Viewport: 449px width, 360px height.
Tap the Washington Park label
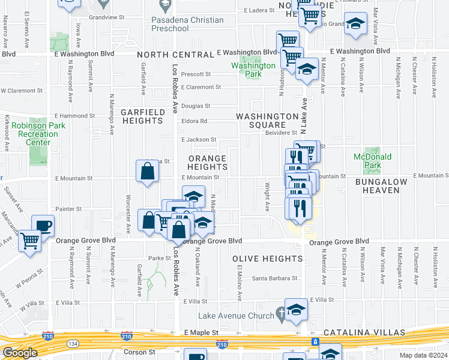[x=253, y=70]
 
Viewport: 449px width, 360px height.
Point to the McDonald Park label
[x=372, y=161]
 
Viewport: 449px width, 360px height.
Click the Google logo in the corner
[x=20, y=353]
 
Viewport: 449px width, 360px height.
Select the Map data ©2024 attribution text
[x=424, y=355]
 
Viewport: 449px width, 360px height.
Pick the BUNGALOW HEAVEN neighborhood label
[x=385, y=185]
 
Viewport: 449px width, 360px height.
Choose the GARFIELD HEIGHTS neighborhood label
[x=142, y=116]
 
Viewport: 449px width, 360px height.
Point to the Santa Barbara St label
[x=274, y=278]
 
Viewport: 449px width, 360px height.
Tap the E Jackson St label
[x=199, y=140]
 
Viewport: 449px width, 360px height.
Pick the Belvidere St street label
[x=281, y=133]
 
